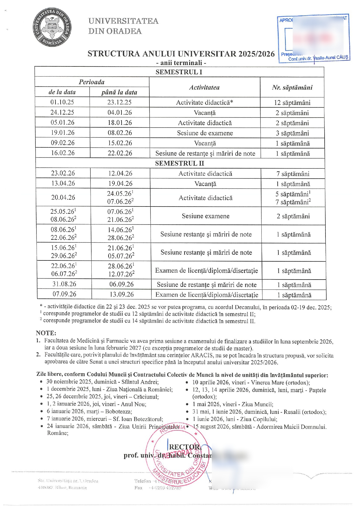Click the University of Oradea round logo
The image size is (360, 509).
[x=52, y=28]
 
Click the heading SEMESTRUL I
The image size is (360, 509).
[x=179, y=72]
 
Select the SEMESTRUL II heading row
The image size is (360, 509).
[x=180, y=163]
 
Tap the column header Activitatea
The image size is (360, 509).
[x=205, y=87]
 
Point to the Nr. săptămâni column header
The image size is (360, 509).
[x=292, y=87]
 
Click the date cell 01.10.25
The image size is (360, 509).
[x=62, y=102]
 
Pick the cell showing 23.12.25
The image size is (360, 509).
[x=120, y=102]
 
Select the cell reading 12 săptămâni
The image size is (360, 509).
[x=292, y=103]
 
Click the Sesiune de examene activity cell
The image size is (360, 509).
[x=205, y=133]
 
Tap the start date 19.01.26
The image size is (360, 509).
[x=63, y=133]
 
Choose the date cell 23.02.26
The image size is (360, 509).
[x=63, y=173]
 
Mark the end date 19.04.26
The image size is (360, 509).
[x=120, y=184]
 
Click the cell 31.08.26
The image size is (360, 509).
[x=64, y=284]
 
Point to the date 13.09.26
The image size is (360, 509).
[x=122, y=294]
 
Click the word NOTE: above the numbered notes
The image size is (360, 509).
[x=46, y=333]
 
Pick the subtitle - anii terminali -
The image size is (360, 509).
[x=181, y=63]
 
